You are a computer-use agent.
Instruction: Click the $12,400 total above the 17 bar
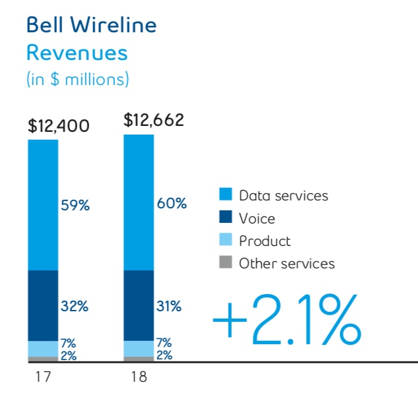coord(58,125)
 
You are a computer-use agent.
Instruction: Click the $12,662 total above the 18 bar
coord(154,120)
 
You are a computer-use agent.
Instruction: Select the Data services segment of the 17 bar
coord(43,205)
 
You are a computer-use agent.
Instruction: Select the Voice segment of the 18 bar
coord(139,305)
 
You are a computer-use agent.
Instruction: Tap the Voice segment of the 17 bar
coord(43,306)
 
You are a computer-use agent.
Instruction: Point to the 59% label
coord(75,205)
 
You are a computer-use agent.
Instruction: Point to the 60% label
coord(172,204)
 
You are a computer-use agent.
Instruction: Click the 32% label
coord(75,306)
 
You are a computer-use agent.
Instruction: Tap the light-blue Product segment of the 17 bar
coord(43,348)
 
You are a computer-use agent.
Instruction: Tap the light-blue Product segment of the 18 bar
coord(139,348)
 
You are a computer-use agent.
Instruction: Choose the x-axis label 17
coord(43,378)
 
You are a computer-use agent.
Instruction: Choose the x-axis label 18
coord(139,378)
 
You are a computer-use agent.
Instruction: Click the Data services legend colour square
coord(226,195)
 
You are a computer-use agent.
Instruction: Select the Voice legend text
coord(257,218)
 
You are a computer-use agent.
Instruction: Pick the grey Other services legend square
coord(226,263)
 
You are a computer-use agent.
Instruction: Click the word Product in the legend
coord(265,241)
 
